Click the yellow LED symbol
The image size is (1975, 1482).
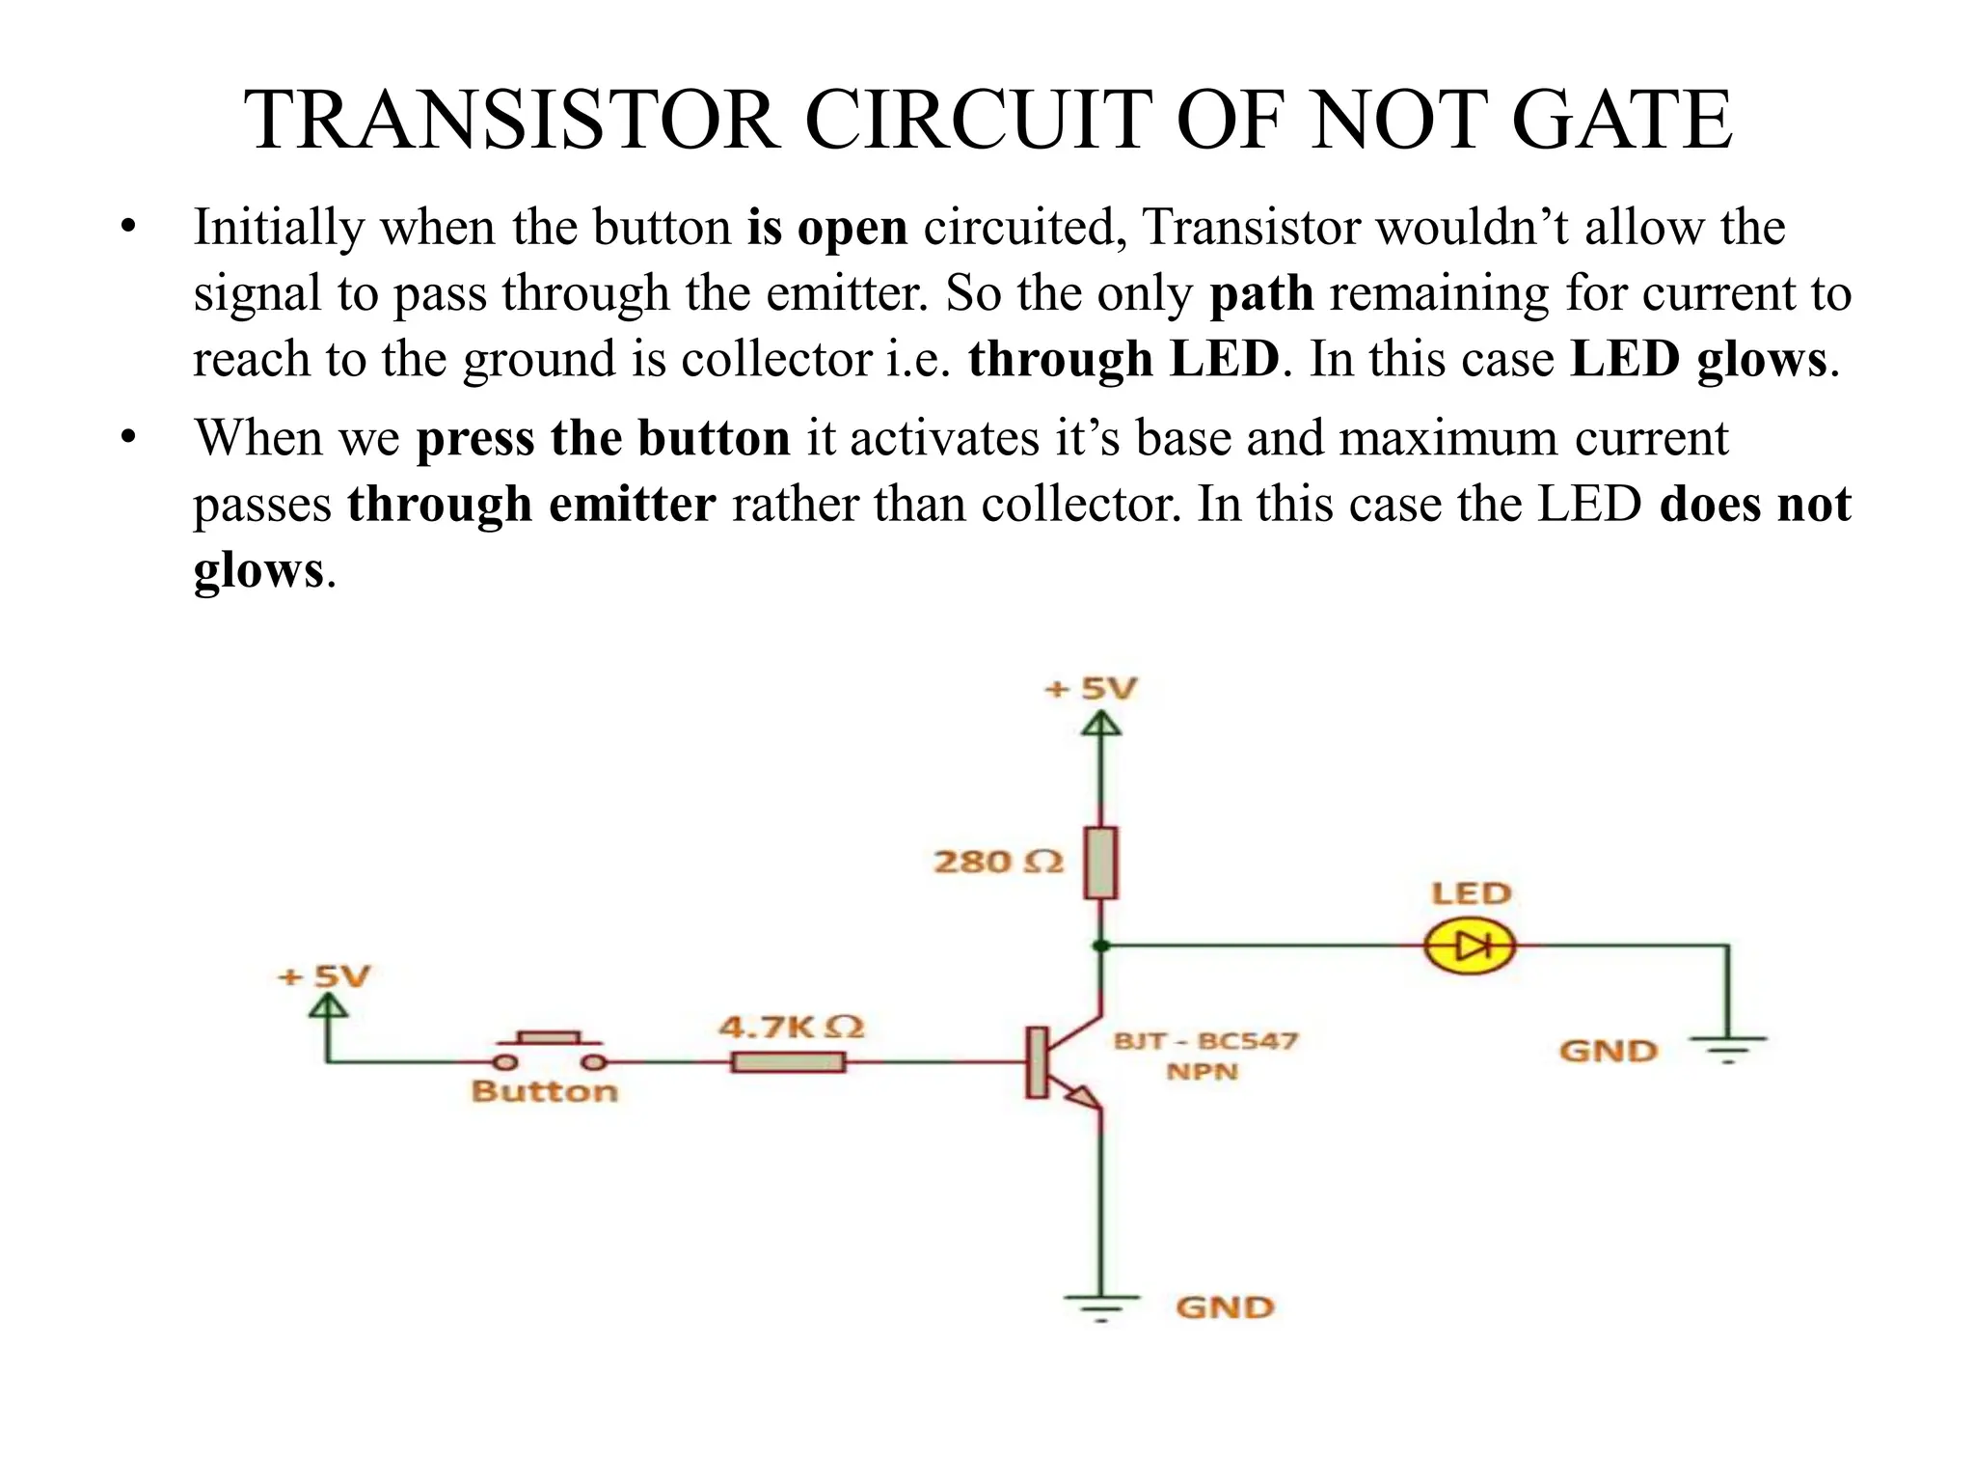[1469, 947]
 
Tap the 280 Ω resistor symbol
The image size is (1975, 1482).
[1100, 863]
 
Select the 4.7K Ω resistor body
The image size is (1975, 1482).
[788, 1062]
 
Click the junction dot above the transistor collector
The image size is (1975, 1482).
[1101, 946]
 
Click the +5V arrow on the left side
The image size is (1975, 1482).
[328, 1008]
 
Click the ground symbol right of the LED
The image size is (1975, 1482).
[1728, 1046]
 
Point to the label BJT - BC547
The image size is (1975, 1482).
[1205, 1041]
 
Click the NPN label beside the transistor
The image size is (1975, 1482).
[1202, 1072]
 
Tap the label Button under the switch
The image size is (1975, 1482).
[544, 1091]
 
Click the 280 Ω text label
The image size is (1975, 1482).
[998, 862]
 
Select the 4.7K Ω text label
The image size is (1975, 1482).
[791, 1027]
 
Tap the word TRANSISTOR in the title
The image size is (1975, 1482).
[511, 120]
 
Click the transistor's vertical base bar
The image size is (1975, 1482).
[1037, 1062]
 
